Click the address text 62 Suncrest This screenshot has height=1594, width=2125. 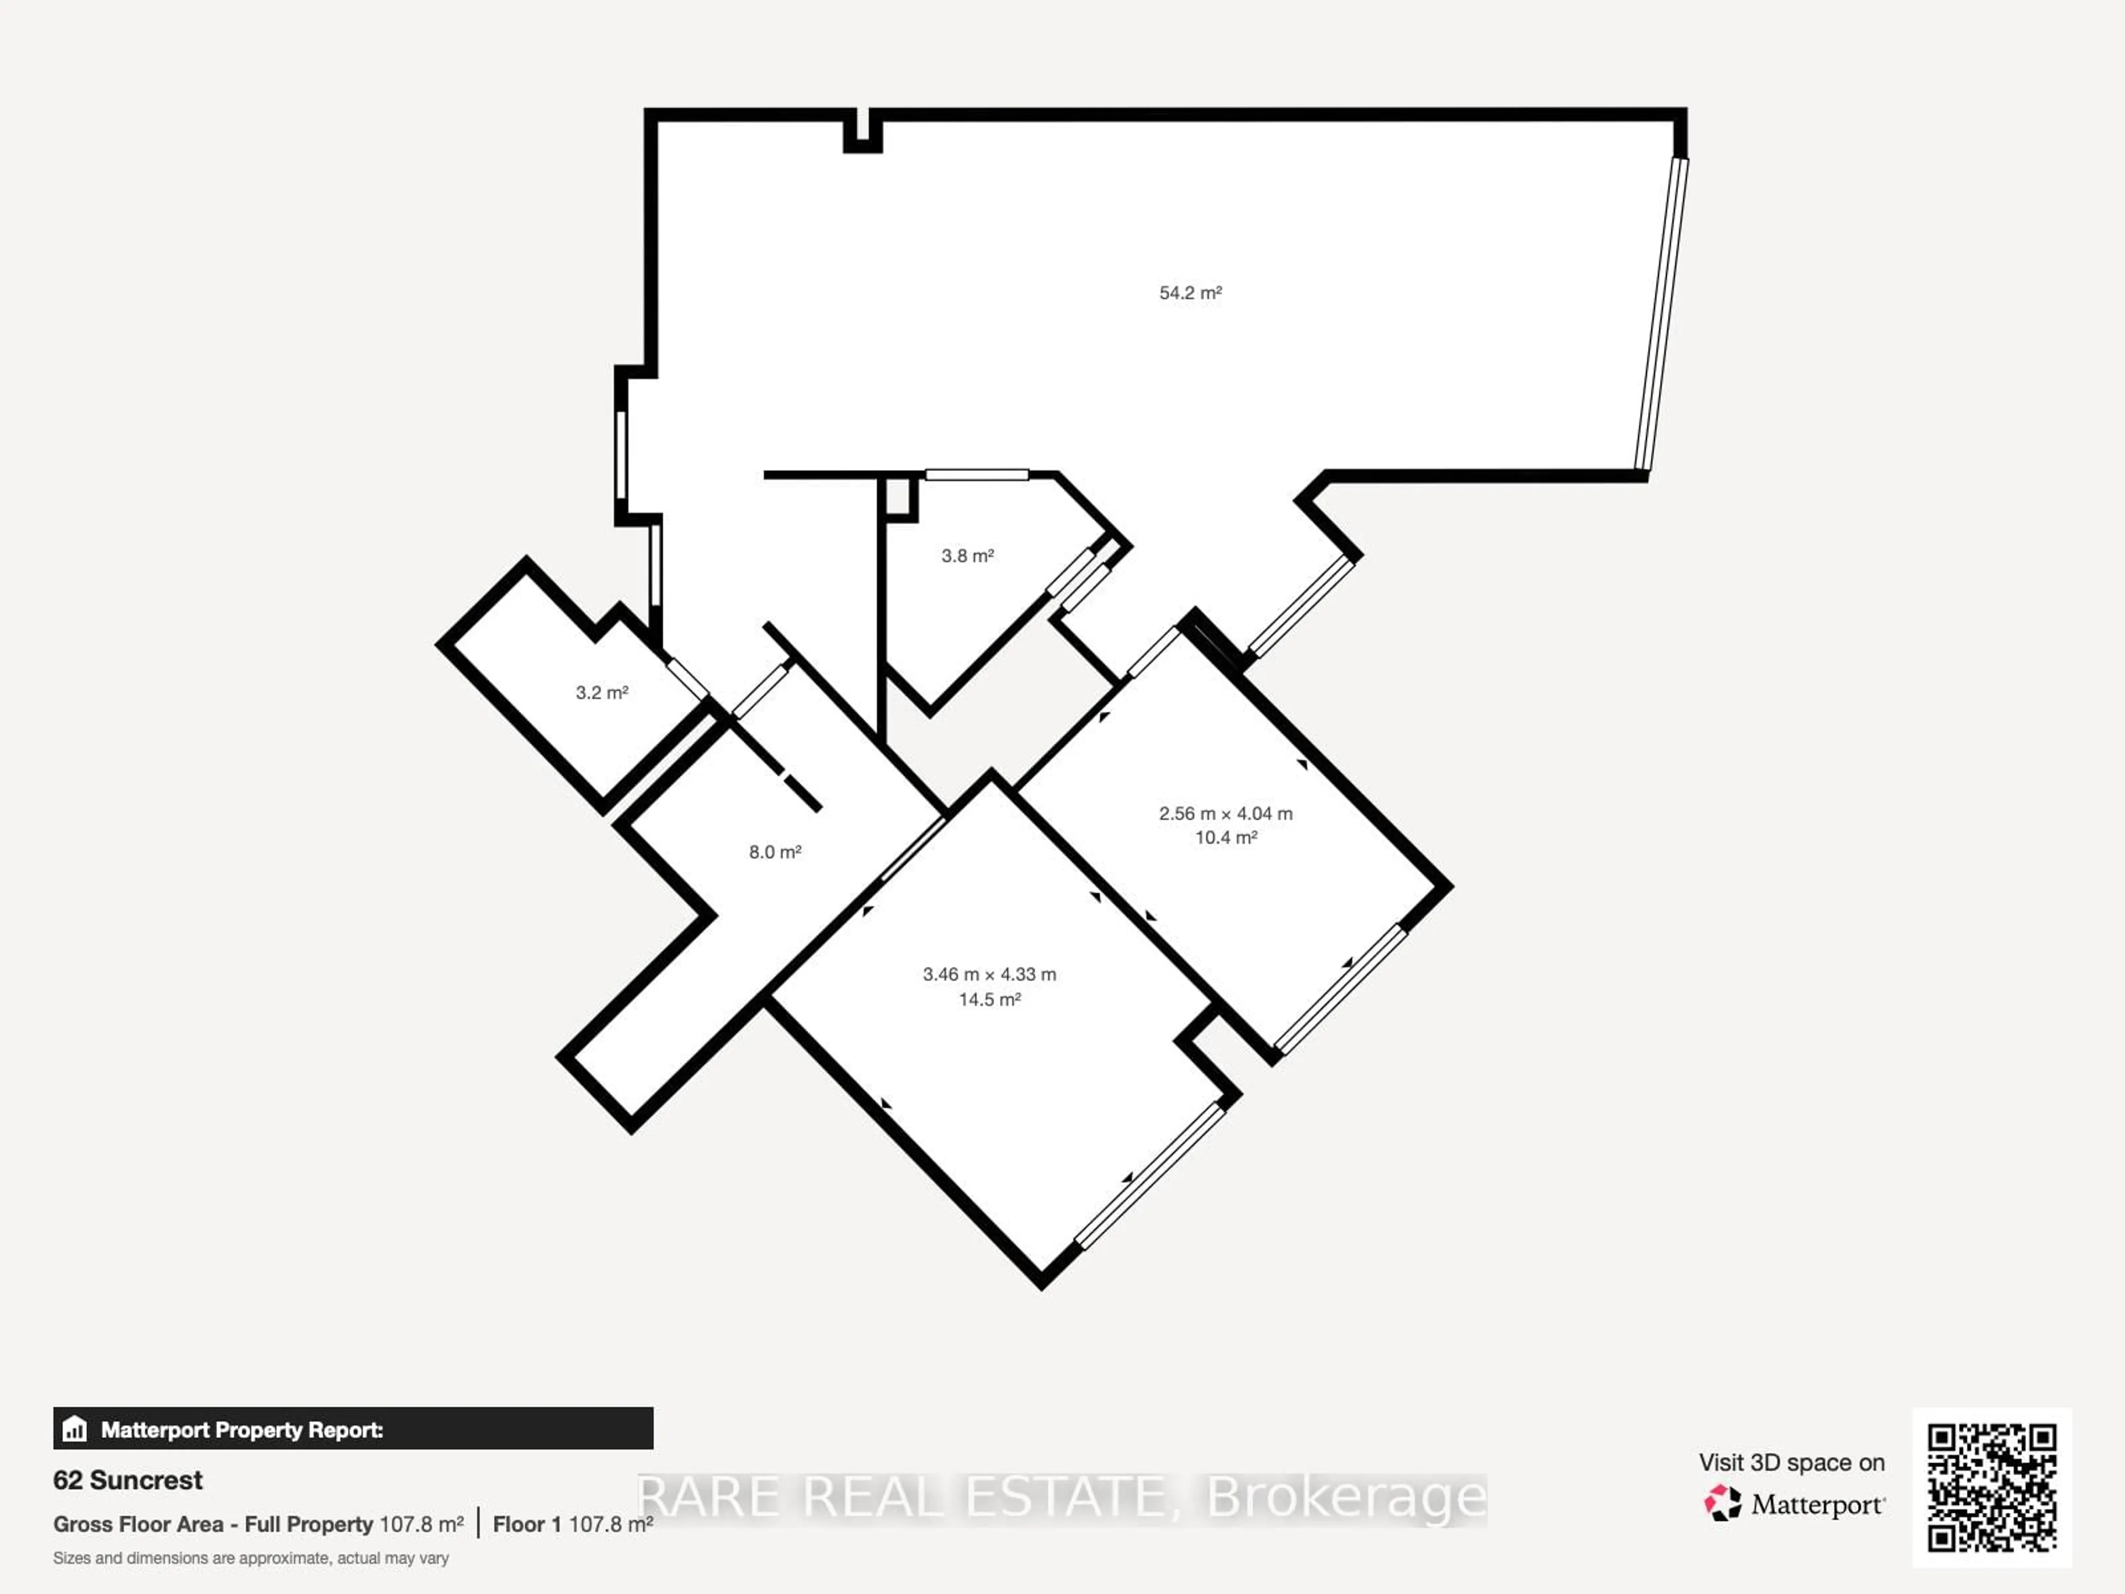[x=128, y=1479]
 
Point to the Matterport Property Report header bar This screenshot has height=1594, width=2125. [x=353, y=1429]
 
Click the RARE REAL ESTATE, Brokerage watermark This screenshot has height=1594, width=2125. [x=1061, y=1497]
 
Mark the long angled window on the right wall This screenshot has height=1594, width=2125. [x=1662, y=315]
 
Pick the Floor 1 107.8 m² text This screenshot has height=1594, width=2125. [x=573, y=1524]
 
